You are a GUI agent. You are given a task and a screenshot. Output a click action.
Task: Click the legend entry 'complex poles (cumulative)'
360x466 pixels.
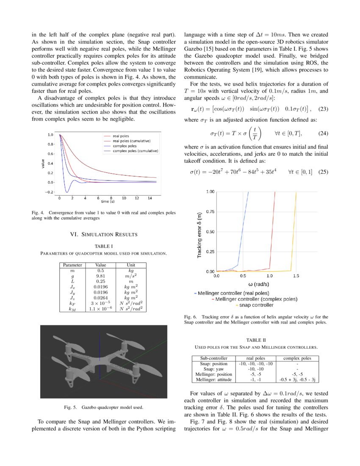136,151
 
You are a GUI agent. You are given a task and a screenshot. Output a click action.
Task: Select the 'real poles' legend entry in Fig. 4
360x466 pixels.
122,136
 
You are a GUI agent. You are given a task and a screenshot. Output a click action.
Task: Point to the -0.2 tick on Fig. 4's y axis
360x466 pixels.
50,192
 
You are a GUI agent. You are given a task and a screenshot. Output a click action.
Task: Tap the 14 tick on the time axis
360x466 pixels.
150,198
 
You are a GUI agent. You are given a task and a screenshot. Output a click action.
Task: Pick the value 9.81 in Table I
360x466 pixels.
100,275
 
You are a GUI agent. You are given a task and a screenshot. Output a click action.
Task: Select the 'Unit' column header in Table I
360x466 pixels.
131,265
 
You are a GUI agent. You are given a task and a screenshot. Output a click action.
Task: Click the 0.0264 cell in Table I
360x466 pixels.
100,298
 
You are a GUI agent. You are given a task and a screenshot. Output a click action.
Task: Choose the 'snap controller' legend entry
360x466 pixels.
256,305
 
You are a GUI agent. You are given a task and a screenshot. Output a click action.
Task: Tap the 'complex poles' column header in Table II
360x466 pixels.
297,358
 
